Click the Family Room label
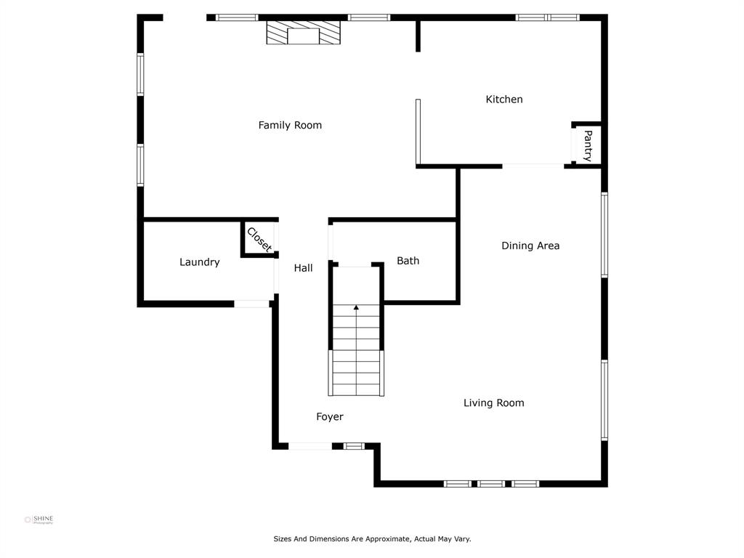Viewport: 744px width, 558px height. tap(290, 125)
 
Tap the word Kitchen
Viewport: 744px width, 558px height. tap(504, 99)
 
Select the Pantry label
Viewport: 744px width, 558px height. tap(588, 145)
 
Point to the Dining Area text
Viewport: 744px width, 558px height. tap(530, 246)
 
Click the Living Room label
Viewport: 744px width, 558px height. tap(494, 403)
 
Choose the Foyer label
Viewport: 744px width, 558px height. tap(330, 416)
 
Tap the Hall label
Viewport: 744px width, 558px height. tap(303, 268)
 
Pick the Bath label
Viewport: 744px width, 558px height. tap(408, 261)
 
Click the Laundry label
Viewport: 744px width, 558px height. tap(199, 262)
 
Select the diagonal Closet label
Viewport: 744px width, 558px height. tap(259, 240)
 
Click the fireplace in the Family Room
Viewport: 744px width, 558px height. tap(303, 33)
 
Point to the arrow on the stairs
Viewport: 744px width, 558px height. tap(356, 307)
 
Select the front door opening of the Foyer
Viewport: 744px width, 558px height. tap(310, 446)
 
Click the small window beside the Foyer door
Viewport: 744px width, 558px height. tap(354, 446)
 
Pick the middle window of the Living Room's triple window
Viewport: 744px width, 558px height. tap(491, 484)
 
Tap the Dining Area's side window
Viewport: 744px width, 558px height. tap(604, 235)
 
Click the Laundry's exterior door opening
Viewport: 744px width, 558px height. tap(252, 304)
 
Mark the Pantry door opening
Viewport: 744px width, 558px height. tap(573, 145)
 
